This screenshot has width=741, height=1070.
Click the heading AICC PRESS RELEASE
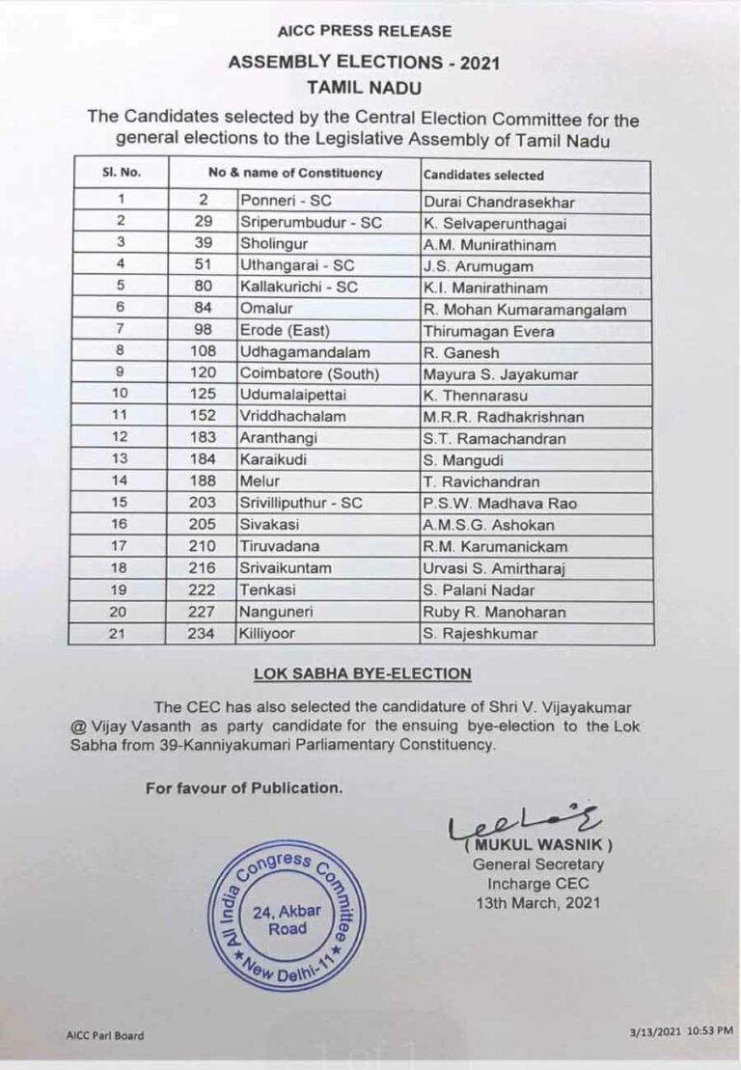pyautogui.click(x=365, y=32)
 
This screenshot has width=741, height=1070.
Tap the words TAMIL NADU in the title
pyautogui.click(x=365, y=87)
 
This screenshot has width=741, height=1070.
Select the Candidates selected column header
pyautogui.click(x=483, y=176)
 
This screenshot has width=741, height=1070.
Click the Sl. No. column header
pyautogui.click(x=121, y=174)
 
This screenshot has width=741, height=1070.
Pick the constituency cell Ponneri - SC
pyautogui.click(x=286, y=202)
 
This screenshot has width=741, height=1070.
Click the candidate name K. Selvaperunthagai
pyautogui.click(x=495, y=223)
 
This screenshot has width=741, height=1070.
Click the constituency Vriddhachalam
pyautogui.click(x=293, y=417)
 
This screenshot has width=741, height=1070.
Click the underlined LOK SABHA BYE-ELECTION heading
pyautogui.click(x=362, y=673)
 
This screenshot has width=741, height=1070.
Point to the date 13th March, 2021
pyautogui.click(x=537, y=903)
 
